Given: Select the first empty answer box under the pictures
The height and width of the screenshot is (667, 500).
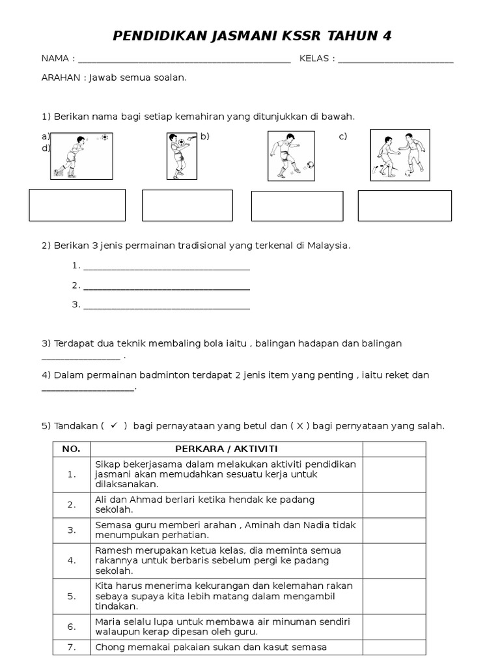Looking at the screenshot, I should tap(77, 205).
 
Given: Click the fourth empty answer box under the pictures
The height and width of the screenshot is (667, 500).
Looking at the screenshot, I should tap(404, 206).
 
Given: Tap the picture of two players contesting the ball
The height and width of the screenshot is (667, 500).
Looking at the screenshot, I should tap(398, 155).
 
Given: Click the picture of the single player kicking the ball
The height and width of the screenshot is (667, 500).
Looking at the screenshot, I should tap(292, 156).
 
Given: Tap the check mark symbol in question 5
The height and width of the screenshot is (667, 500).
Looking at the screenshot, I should tap(114, 425).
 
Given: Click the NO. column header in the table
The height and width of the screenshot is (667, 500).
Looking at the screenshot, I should tap(71, 449).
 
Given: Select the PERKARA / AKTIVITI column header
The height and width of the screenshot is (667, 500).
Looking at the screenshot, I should tap(226, 449).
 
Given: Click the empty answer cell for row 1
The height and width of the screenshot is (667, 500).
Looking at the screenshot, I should tap(394, 474).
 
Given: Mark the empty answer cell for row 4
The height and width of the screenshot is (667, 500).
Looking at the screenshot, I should tap(394, 560).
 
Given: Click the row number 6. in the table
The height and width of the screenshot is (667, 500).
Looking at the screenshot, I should tap(72, 626).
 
